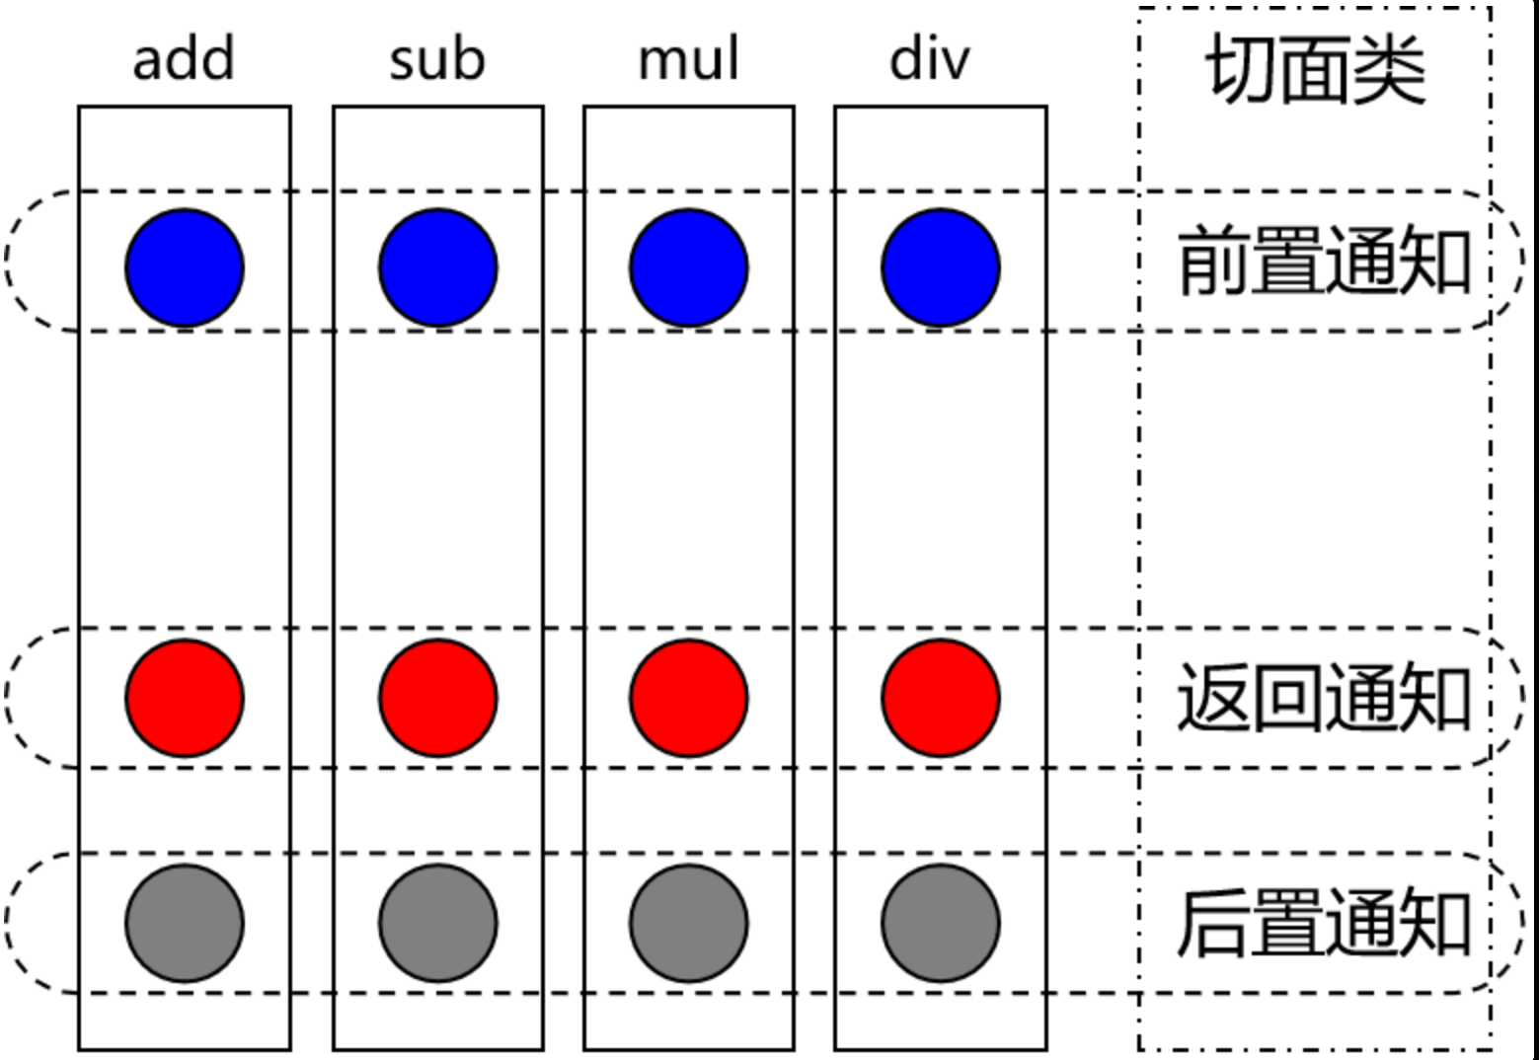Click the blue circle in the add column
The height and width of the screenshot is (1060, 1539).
click(185, 267)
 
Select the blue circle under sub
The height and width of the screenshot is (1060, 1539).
click(438, 267)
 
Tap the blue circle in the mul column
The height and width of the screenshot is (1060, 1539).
click(689, 267)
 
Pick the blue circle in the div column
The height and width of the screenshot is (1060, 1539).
click(941, 267)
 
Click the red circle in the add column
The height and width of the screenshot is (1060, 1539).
click(185, 698)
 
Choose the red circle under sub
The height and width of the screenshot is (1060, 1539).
click(438, 698)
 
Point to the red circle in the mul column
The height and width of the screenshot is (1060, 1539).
click(689, 698)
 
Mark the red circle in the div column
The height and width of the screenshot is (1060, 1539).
click(941, 698)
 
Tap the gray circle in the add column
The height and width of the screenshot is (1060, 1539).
click(185, 923)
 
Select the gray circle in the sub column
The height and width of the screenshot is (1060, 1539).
click(438, 923)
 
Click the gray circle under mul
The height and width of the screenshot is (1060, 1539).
click(689, 923)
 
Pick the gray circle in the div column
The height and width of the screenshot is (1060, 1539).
click(941, 923)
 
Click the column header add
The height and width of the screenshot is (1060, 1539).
click(185, 59)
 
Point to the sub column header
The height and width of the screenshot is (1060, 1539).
click(437, 59)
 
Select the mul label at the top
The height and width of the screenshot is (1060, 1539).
click(689, 59)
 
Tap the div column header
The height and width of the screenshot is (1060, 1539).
click(930, 59)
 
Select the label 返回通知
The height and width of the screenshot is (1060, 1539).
click(1325, 697)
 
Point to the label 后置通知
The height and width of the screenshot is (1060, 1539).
click(1325, 923)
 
